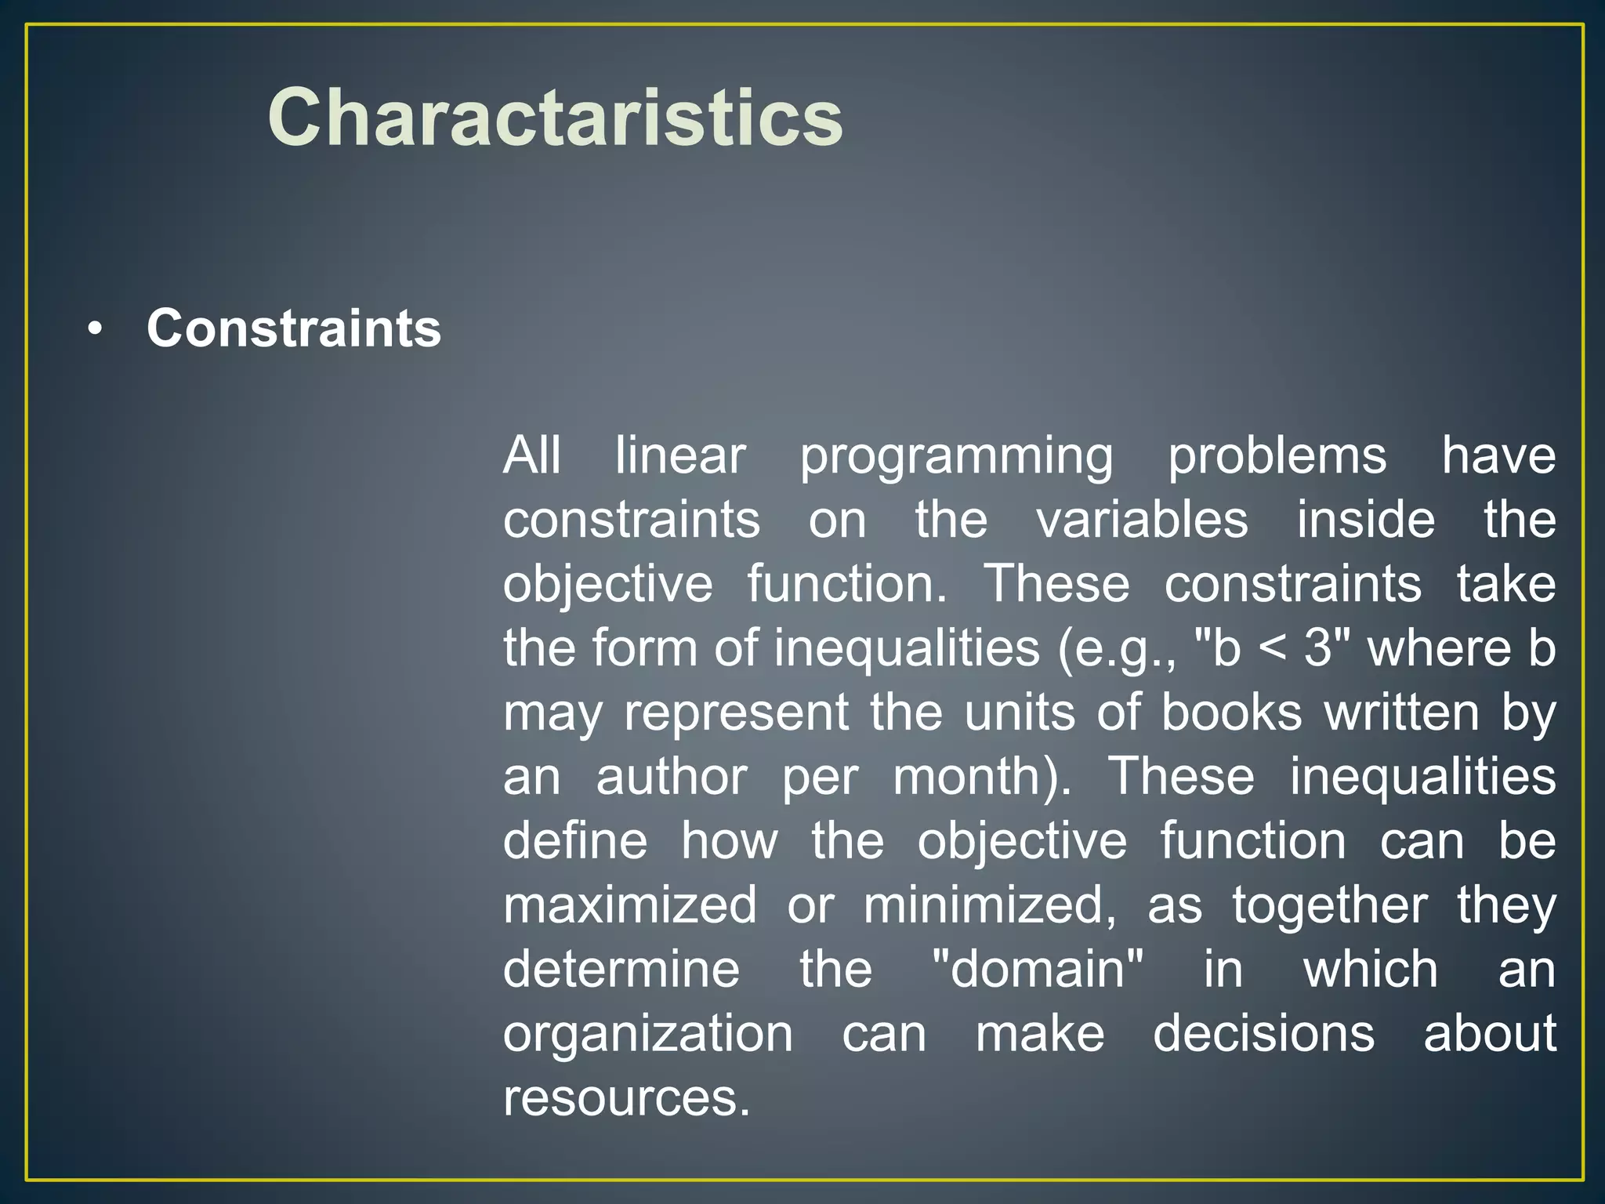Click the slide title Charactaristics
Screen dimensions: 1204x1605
555,118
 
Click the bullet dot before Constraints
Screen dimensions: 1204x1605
95,329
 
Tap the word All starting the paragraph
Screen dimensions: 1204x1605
531,455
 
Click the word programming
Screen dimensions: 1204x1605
956,457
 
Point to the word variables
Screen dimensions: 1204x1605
1142,520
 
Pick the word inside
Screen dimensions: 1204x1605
1365,520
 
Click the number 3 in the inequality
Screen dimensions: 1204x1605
1319,648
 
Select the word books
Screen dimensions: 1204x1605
1231,713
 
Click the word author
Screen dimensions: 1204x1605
672,777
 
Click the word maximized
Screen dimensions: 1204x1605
630,905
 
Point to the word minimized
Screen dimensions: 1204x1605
989,905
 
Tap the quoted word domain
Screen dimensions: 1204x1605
1038,970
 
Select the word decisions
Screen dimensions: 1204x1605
1263,1034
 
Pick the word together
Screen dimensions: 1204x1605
1329,906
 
